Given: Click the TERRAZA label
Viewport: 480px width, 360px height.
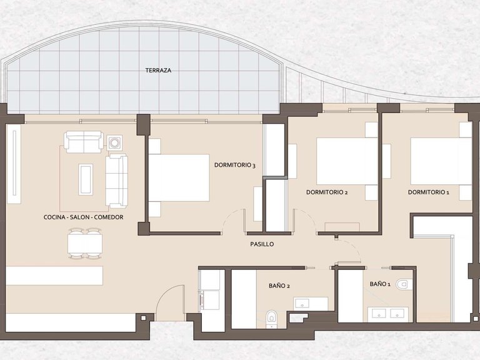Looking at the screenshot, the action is click(158, 71).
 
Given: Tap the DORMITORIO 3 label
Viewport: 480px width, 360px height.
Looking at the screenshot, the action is click(235, 165).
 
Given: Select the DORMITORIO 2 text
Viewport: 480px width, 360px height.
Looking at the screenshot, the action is click(327, 192).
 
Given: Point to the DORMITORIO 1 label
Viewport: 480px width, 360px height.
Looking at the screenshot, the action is click(429, 192).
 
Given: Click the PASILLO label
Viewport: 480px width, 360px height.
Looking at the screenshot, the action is click(262, 244).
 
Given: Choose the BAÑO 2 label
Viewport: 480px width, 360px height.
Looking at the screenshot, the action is click(279, 286).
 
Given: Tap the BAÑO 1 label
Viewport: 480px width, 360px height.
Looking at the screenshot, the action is click(380, 284).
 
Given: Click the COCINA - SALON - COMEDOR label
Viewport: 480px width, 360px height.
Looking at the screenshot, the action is click(84, 217).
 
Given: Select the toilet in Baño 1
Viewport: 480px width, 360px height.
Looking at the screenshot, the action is click(404, 284).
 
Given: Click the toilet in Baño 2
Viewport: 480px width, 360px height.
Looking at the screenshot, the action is click(271, 318).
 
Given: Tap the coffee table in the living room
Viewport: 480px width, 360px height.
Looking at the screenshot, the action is click(86, 179).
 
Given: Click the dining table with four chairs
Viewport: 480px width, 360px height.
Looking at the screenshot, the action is click(85, 243).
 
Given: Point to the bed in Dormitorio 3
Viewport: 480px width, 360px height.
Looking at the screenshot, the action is click(179, 177).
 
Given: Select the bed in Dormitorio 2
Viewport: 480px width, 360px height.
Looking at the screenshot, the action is click(347, 161).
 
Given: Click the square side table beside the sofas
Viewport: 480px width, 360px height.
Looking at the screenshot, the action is click(115, 142).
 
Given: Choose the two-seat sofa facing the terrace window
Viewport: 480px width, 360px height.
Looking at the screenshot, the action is click(84, 142).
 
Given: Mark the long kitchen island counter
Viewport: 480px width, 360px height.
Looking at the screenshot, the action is click(54, 276).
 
